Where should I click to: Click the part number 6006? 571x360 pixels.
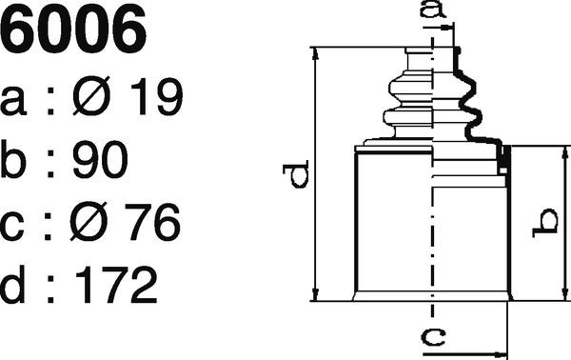pyautogui.click(x=73, y=28)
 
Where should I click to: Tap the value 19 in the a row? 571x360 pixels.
pyautogui.click(x=157, y=96)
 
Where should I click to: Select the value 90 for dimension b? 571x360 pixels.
pyautogui.click(x=100, y=159)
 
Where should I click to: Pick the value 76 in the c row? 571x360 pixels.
pyautogui.click(x=152, y=222)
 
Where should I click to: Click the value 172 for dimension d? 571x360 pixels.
pyautogui.click(x=116, y=285)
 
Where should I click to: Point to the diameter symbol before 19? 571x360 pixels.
pyautogui.click(x=91, y=96)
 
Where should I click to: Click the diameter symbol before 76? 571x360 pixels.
pyautogui.click(x=89, y=221)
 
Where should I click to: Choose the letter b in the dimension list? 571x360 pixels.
pyautogui.click(x=13, y=159)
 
